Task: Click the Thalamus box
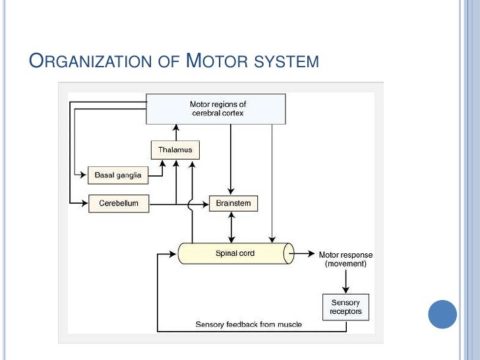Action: pos(175,150)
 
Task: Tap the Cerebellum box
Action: pos(119,203)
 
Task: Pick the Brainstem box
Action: pos(233,203)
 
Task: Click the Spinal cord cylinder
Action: pos(235,253)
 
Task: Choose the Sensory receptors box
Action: pos(345,307)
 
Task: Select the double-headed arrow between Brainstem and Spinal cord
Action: pos(231,227)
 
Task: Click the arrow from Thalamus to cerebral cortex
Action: pos(175,132)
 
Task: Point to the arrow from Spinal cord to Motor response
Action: pos(304,253)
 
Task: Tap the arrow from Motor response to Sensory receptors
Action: pos(345,281)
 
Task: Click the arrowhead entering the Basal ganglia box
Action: pos(84,175)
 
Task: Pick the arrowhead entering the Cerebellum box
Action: pos(84,203)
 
